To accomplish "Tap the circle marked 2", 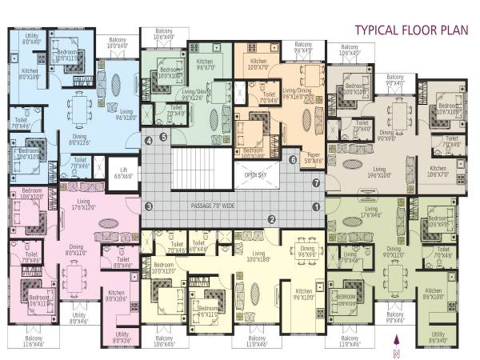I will [272, 219].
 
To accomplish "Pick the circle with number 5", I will [163, 137].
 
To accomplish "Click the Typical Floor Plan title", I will [407, 31].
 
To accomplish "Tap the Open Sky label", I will [255, 174].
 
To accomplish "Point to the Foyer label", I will [314, 158].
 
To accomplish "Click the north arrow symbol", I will [396, 342].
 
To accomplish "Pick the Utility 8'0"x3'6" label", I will [122, 337].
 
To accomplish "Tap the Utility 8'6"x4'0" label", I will [438, 337].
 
